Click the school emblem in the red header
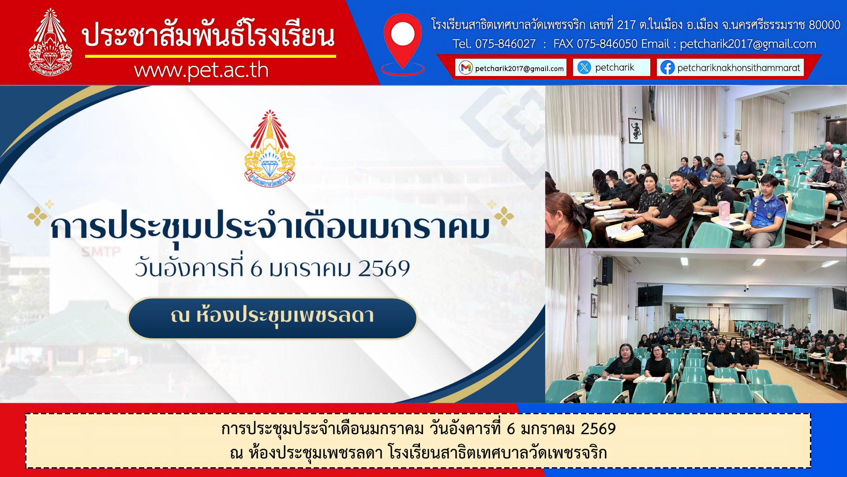click(x=50, y=42)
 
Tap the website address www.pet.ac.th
click(x=201, y=70)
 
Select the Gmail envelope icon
click(x=466, y=68)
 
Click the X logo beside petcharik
click(x=584, y=68)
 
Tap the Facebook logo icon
click(x=667, y=68)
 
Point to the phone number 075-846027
click(x=506, y=44)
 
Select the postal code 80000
click(x=825, y=25)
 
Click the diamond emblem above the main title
click(x=270, y=148)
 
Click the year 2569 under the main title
click(x=384, y=269)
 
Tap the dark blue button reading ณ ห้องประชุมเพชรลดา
click(x=273, y=318)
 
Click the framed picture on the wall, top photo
click(x=636, y=130)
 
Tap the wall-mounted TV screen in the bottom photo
click(x=650, y=295)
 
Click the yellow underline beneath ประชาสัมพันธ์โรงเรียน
click(x=210, y=56)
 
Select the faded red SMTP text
click(x=101, y=252)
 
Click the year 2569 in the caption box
click(x=598, y=429)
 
